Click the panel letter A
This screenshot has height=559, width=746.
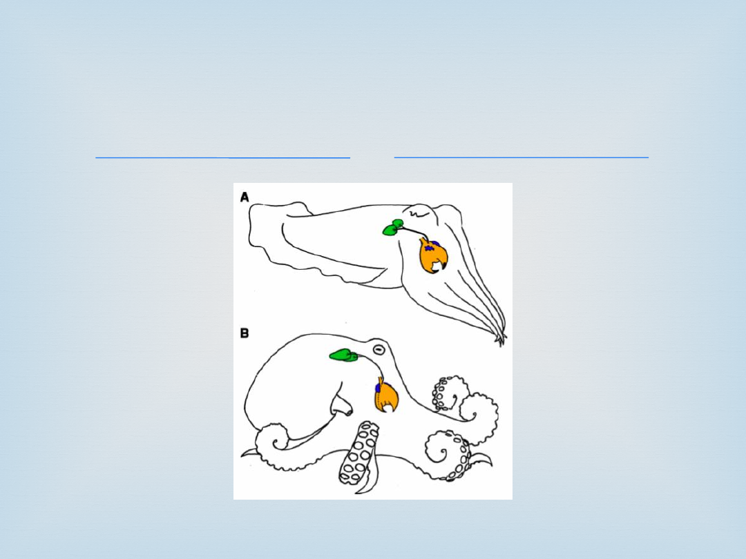pyautogui.click(x=245, y=197)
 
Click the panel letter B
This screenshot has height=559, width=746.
pyautogui.click(x=245, y=333)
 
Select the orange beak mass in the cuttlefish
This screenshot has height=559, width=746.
pyautogui.click(x=433, y=256)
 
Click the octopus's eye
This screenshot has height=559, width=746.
pyautogui.click(x=379, y=349)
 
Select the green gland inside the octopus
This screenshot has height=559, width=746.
pyautogui.click(x=345, y=355)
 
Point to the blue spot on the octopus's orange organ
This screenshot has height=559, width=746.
pyautogui.click(x=379, y=387)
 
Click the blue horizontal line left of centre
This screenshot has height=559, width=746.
pyautogui.click(x=222, y=157)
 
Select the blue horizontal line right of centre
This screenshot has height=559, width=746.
pyautogui.click(x=521, y=157)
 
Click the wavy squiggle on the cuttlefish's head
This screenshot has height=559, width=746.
pyautogui.click(x=417, y=215)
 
